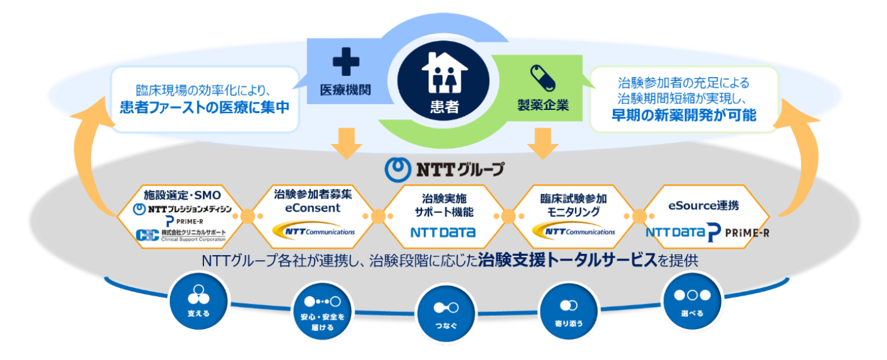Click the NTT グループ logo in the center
(x=445, y=169)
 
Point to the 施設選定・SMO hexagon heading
(x=182, y=195)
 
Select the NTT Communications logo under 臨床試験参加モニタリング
(x=573, y=231)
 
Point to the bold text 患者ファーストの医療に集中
(x=205, y=107)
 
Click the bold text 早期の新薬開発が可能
(x=684, y=115)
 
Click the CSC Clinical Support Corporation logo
(x=180, y=236)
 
